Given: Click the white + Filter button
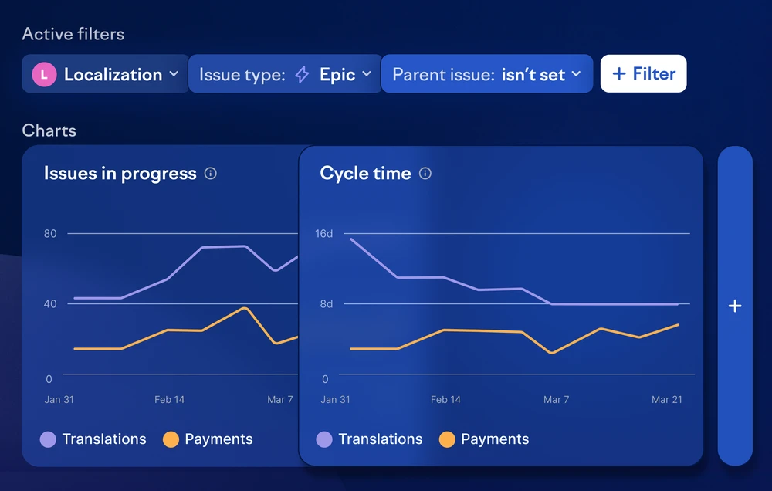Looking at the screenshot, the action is pos(643,73).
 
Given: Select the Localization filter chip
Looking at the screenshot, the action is pos(105,74).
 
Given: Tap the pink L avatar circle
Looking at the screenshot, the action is pos(44,74).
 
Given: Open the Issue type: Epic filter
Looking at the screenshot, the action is pos(285,74).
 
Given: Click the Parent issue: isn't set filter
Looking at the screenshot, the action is pos(487,74).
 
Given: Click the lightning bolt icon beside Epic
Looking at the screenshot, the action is pos(302,75).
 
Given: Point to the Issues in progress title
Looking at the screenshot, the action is pos(120,174).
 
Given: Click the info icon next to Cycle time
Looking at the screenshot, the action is pos(425,174).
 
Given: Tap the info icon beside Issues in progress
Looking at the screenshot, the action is pos(210,174).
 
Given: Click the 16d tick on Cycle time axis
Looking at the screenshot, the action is pos(324,233).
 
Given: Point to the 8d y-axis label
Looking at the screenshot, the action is pos(327,304).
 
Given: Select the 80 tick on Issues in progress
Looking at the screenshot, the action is pos(50,233).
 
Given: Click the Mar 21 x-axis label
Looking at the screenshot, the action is pos(667,399).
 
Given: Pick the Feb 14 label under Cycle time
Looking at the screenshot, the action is pos(445,399).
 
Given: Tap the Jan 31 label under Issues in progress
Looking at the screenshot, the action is pos(59,399).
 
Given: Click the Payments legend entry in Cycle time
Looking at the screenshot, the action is pos(484,439).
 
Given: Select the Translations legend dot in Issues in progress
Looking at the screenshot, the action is pos(48,439).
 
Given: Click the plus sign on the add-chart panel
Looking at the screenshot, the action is pos(735,306).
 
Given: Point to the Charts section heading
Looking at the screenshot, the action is pos(49,130).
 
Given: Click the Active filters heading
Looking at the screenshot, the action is pos(73,34).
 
